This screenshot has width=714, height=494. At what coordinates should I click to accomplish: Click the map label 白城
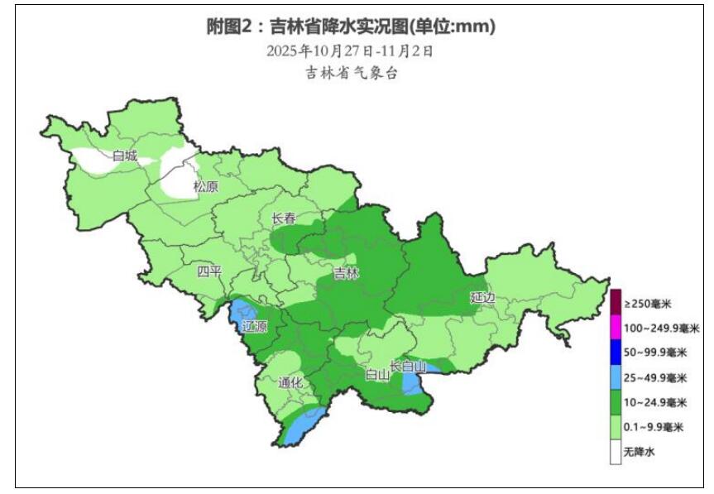click(125, 155)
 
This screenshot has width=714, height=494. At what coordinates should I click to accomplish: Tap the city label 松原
click(206, 187)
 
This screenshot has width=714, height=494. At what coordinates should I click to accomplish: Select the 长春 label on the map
click(284, 218)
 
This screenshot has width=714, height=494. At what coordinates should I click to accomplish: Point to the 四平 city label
click(209, 271)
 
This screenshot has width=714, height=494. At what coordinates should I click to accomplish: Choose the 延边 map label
click(482, 296)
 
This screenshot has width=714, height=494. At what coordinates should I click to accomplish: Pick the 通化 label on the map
click(291, 382)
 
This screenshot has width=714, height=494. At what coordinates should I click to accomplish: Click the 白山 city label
click(377, 374)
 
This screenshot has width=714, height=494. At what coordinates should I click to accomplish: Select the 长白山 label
click(408, 366)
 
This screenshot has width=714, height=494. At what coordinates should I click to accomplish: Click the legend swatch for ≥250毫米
click(616, 303)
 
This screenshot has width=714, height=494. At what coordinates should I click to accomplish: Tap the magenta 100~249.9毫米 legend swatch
click(616, 328)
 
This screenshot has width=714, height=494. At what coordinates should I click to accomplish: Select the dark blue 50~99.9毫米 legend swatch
click(616, 353)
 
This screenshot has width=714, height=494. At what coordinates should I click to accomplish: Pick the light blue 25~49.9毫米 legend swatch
click(616, 377)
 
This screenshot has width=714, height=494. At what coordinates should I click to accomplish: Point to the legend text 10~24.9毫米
click(655, 403)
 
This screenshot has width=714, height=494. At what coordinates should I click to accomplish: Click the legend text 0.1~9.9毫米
click(654, 428)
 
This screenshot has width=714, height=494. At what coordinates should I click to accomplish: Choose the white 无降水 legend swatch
click(616, 452)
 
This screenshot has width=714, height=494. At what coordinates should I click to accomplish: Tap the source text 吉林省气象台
click(352, 74)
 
